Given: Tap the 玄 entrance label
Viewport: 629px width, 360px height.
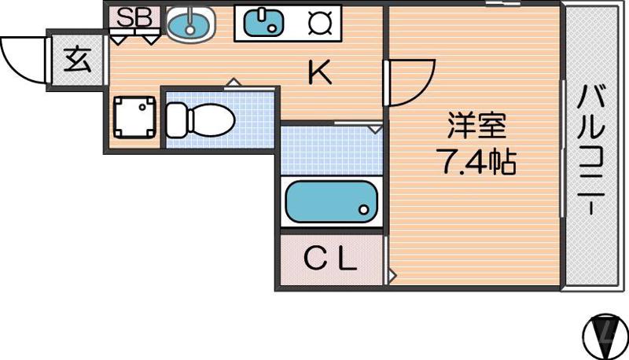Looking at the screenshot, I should coord(76,61).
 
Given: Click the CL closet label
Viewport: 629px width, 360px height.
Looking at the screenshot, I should coord(330,259).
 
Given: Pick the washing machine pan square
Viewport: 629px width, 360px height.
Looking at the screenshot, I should coord(134,118).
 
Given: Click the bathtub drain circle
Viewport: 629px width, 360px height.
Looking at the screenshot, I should coord(363,210).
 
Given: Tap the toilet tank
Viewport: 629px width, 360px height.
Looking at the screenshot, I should coord(175,119).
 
